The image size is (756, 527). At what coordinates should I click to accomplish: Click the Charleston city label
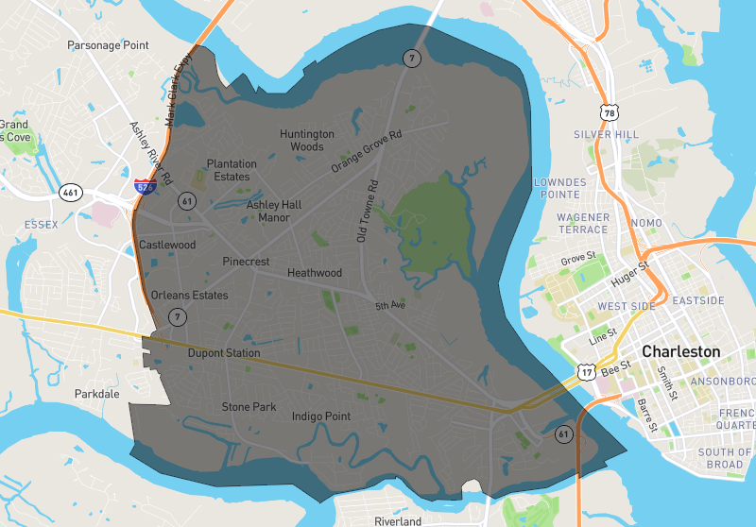coord(680,351)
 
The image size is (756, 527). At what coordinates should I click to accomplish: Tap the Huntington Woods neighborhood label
coord(307,140)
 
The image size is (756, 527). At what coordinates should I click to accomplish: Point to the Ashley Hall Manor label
coord(274,211)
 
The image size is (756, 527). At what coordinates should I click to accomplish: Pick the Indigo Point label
coord(321,416)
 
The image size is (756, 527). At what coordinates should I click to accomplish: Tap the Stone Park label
coord(249,407)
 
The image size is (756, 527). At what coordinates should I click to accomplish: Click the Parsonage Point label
coord(109,45)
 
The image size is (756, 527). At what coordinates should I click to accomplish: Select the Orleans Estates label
coord(189,296)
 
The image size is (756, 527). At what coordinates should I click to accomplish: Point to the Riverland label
coord(397,521)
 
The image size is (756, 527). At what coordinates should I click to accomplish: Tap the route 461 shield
coord(70,192)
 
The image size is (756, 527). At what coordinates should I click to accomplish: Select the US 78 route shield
coord(611,113)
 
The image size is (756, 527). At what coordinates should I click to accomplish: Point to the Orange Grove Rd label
coord(367,151)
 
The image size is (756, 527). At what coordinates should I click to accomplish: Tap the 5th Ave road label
coord(389,306)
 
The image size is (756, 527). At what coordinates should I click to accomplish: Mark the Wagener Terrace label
coord(583,223)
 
